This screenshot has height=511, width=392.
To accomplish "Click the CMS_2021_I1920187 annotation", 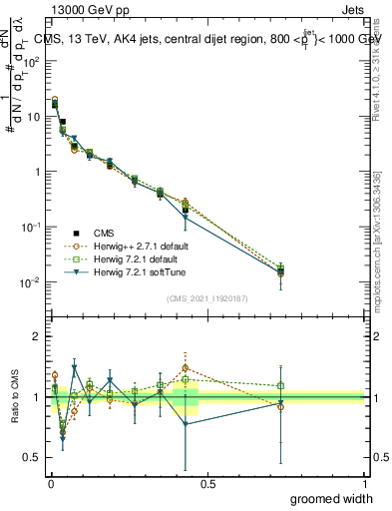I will tap(206, 297).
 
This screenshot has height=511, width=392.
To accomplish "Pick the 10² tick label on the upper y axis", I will tap(33, 61).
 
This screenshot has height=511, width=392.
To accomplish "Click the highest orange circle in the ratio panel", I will tap(185, 368).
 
